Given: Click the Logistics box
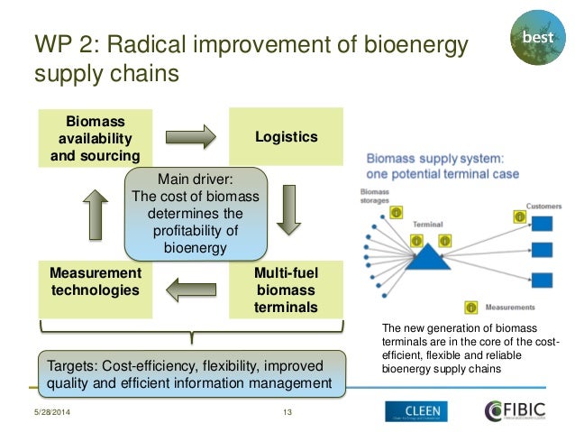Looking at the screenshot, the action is coord(286,137).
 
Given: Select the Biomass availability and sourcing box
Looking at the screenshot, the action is coord(95,138).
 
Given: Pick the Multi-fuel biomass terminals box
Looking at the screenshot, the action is coord(286,290).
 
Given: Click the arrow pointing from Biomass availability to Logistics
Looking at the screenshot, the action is coord(190,137).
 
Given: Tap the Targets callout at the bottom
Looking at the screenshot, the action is coord(191,374).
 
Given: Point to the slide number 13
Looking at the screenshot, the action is coord(289,414).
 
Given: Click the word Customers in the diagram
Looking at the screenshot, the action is coord(543,206).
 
